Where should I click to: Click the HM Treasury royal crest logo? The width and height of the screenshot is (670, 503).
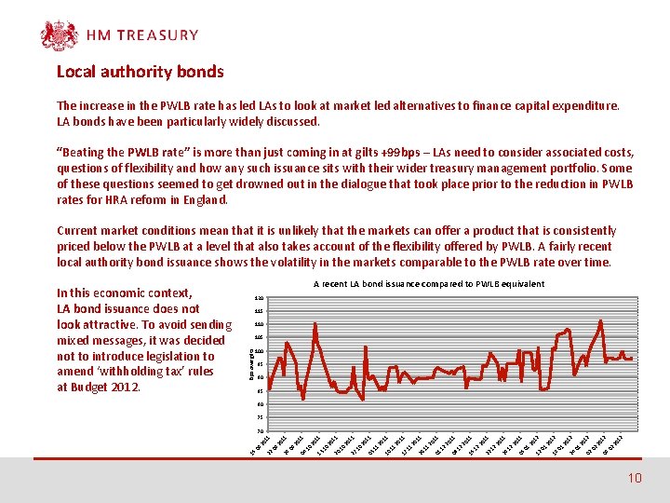[59, 35]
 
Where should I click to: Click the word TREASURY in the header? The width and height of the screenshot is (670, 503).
[156, 35]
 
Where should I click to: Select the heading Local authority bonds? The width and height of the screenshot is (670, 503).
[140, 71]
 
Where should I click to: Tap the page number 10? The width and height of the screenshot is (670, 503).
[635, 478]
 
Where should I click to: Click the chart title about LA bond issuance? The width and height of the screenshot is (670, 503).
[428, 283]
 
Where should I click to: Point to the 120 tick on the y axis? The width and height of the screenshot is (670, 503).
[259, 297]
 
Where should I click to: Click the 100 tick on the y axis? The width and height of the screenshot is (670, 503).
[259, 350]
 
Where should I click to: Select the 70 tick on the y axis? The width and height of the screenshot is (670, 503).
[259, 430]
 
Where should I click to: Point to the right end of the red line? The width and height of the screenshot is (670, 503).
[633, 359]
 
